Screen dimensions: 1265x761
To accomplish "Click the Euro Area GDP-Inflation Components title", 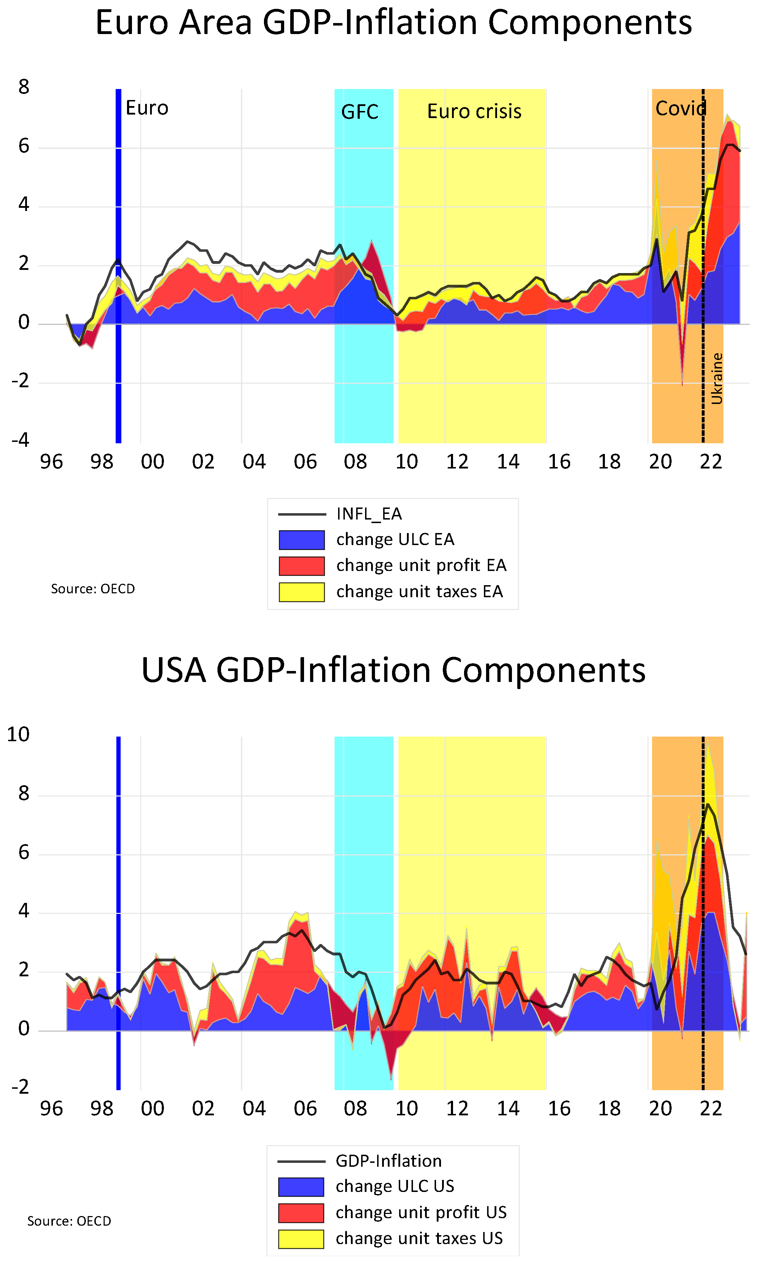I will point(393,23).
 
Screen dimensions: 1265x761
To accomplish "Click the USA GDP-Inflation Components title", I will point(393,670).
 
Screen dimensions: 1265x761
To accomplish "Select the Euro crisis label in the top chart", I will point(474,112).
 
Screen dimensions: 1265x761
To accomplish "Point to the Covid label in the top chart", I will point(680,109).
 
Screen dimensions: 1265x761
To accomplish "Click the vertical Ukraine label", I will point(717,378).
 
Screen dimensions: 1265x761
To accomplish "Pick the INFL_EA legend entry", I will point(369,514).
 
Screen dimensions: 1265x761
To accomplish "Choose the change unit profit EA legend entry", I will point(421,565).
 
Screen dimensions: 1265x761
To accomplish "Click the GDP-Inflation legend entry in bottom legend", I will point(388,1161).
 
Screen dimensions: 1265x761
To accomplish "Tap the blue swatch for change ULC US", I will point(301,1187).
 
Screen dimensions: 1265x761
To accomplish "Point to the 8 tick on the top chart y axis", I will point(23,87).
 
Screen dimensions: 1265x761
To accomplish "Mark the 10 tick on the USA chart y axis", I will point(18,734).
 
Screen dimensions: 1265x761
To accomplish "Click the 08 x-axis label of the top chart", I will point(355,462).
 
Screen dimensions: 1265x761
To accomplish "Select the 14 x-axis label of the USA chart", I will point(508,1109).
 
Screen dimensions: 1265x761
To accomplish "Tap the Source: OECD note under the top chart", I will point(93,589).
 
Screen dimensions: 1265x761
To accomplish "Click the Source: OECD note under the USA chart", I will point(69,1221).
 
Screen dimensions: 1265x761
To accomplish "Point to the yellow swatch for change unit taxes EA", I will point(302,592).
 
